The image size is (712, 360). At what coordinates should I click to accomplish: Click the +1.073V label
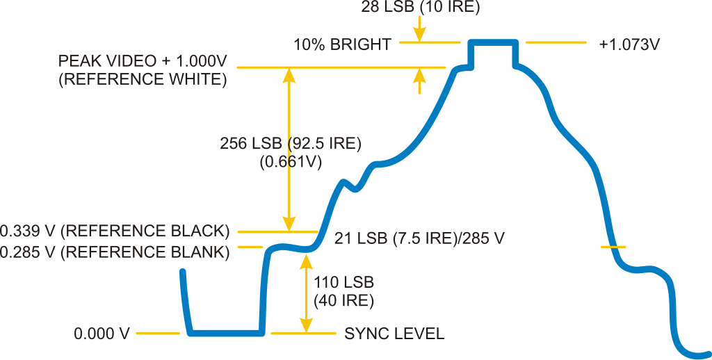[x=629, y=45]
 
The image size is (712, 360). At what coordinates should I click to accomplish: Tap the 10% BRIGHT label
[x=342, y=45]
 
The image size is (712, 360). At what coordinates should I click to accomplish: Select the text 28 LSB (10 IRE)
[x=421, y=8]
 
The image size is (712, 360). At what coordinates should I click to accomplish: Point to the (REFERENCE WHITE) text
[x=142, y=79]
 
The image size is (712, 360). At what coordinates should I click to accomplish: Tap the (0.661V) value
[x=291, y=162]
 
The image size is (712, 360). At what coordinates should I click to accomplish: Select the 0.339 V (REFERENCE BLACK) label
[x=115, y=231]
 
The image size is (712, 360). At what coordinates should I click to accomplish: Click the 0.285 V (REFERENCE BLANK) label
[x=115, y=251]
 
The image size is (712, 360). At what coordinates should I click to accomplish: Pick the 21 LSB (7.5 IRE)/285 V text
[x=419, y=238]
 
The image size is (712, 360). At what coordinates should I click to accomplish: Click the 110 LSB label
[x=343, y=282]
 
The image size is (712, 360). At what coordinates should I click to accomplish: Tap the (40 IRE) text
[x=343, y=301]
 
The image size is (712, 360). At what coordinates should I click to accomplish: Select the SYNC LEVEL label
[x=394, y=334]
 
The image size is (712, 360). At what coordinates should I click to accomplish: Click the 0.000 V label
[x=102, y=334]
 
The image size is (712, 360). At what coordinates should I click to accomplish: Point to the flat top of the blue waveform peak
[x=494, y=42]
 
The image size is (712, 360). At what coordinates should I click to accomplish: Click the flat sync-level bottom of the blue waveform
[x=226, y=333]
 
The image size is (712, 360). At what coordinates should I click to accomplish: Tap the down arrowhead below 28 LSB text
[x=419, y=35]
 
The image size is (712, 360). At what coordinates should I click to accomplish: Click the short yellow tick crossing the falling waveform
[x=613, y=247]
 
